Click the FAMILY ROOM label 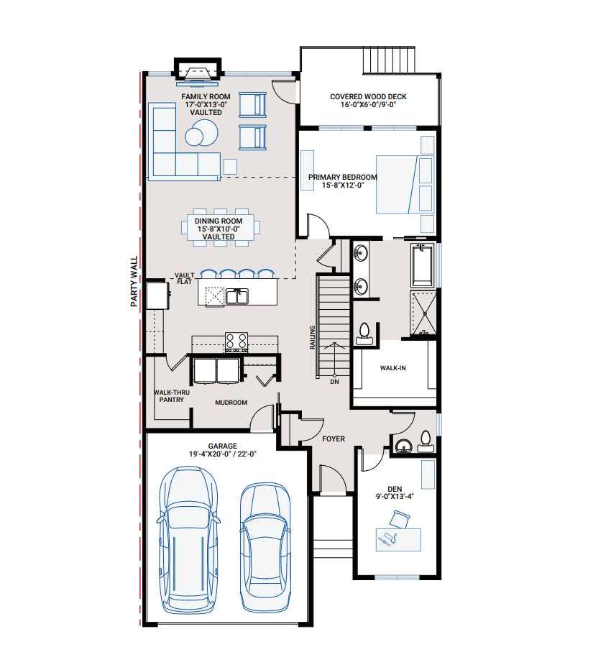coord(206,96)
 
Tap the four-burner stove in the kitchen coord(236,340)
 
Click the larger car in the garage coord(188,538)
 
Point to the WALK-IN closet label coord(393,368)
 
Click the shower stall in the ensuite coord(423,313)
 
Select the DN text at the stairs coord(334,382)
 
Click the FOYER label coord(334,439)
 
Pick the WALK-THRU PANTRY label coord(171,396)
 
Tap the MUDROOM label coord(231,403)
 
